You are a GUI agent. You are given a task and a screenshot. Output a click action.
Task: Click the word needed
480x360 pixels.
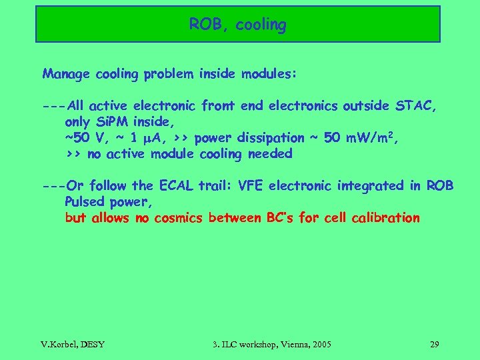pyautogui.click(x=270, y=154)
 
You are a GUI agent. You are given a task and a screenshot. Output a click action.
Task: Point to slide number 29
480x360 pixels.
pyautogui.click(x=434, y=345)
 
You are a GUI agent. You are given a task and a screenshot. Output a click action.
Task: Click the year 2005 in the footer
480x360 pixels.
pyautogui.click(x=320, y=345)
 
